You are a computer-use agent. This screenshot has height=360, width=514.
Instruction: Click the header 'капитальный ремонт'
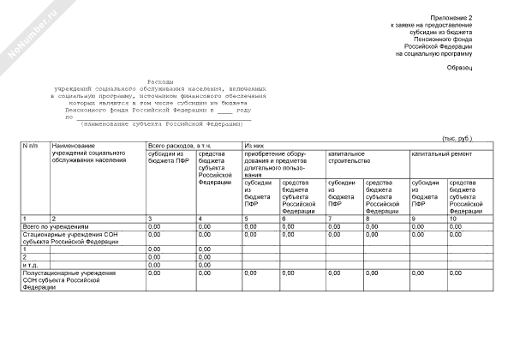(x=437, y=153)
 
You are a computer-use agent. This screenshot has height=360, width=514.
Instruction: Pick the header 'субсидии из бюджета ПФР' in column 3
(x=168, y=158)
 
